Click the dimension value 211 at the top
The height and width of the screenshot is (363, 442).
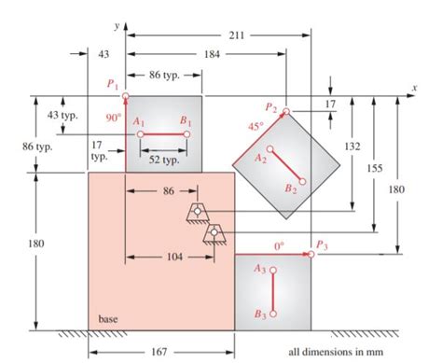236,35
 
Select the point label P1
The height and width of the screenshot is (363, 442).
113,84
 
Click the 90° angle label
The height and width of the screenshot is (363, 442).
113,118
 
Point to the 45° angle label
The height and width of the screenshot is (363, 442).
253,123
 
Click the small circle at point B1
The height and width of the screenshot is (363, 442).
187,135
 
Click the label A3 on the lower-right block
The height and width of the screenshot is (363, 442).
259,269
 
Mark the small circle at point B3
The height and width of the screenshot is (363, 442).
272,313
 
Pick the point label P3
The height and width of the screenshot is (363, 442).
322,244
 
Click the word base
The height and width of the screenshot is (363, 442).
108,318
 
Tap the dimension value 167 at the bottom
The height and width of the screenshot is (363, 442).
159,352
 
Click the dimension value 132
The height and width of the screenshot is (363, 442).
352,147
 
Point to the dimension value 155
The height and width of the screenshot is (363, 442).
375,168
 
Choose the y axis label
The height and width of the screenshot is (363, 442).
115,16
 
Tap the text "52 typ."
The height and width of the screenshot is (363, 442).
164,160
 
